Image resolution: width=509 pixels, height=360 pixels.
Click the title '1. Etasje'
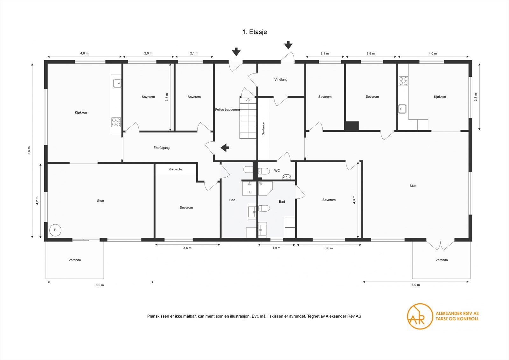254,32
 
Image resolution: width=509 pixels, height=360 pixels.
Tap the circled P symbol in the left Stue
55,230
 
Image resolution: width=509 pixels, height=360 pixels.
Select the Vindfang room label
281,80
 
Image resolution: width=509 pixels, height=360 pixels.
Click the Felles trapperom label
227,109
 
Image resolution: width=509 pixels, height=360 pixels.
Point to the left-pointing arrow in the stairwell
225,148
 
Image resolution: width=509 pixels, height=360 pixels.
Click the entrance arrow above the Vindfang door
288,45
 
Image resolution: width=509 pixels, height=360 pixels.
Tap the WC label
277,171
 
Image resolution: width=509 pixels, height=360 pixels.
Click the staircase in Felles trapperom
248,118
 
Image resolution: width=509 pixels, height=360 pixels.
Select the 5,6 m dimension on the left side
29,150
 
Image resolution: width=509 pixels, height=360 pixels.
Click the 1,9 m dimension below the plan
276,248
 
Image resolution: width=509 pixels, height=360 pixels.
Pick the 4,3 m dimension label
354,200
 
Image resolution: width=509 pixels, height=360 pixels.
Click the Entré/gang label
161,148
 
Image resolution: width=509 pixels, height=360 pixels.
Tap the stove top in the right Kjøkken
403,81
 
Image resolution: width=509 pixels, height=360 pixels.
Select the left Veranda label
75,260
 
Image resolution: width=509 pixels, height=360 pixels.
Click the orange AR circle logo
420,316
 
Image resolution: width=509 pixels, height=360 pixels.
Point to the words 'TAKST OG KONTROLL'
457,319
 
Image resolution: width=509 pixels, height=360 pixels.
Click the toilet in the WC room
263,171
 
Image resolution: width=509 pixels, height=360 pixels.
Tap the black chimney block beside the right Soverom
352,126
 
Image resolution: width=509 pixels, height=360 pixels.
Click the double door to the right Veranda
440,245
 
